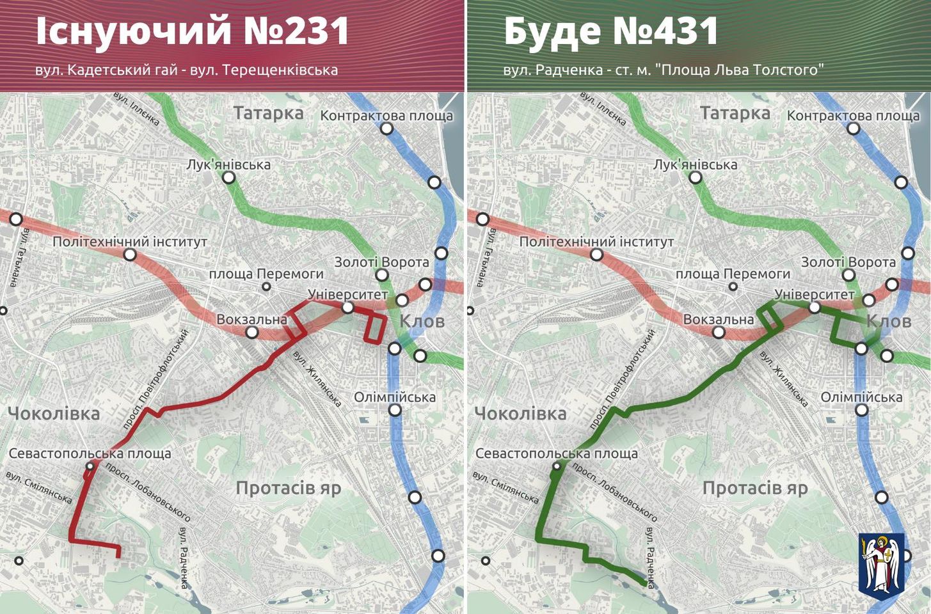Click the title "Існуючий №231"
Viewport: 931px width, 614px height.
pyautogui.click(x=193, y=31)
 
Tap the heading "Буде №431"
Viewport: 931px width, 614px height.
pyautogui.click(x=611, y=31)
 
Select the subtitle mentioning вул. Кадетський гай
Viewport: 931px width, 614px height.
pyautogui.click(x=186, y=70)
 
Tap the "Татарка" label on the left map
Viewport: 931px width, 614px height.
pyautogui.click(x=268, y=114)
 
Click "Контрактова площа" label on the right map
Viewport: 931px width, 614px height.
pyautogui.click(x=853, y=116)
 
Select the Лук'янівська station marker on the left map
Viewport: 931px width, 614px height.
pyautogui.click(x=229, y=178)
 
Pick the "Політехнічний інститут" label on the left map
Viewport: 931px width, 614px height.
pyautogui.click(x=130, y=242)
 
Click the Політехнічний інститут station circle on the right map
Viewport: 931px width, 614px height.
pyautogui.click(x=597, y=255)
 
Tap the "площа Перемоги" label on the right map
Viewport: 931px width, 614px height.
pyautogui.click(x=733, y=274)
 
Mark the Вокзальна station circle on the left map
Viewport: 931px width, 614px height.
pyautogui.click(x=252, y=332)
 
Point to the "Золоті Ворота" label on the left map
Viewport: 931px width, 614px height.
pyautogui.click(x=381, y=262)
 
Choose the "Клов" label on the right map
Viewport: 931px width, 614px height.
pyautogui.click(x=889, y=320)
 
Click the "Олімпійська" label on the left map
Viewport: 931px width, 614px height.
pyautogui.click(x=395, y=397)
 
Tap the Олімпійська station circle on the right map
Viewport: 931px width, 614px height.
pyautogui.click(x=862, y=410)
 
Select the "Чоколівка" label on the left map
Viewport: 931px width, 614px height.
pyautogui.click(x=54, y=414)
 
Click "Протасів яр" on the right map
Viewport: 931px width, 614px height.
pyautogui.click(x=755, y=488)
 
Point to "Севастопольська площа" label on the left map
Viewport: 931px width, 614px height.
pyautogui.click(x=90, y=453)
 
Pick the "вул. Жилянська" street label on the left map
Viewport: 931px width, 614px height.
pyautogui.click(x=317, y=379)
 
